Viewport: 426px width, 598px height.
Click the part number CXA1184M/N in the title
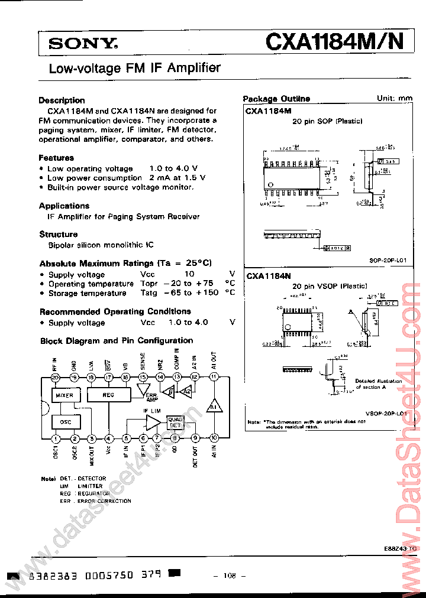point(335,41)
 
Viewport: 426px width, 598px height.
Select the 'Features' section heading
point(56,158)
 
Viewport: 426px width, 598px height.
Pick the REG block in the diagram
point(108,395)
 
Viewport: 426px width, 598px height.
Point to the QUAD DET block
point(176,421)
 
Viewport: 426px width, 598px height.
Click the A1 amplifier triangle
point(213,407)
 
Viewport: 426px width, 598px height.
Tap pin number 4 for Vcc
point(109,438)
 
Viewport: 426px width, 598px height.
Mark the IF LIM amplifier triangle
point(152,421)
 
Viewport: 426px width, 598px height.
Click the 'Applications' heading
point(64,206)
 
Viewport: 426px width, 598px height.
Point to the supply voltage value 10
point(189,274)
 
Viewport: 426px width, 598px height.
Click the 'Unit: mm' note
point(395,98)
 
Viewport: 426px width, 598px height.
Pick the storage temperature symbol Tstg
point(149,292)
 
